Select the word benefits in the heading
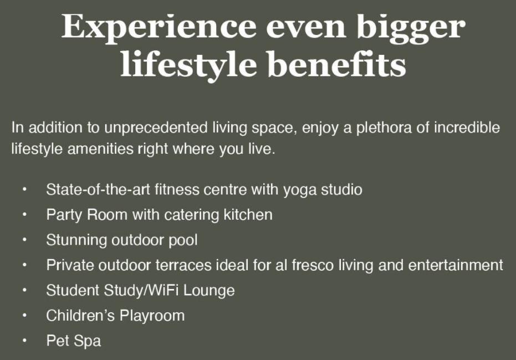coord(336,64)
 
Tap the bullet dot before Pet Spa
coord(24,341)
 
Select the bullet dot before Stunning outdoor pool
coord(24,240)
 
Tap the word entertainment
coord(456,265)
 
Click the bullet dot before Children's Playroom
coord(24,316)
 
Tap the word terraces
coord(183,265)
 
